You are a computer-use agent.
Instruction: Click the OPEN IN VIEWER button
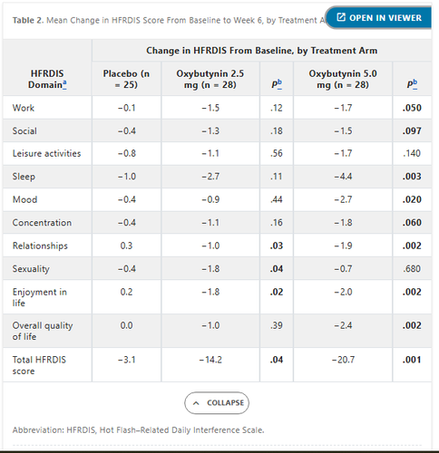tap(379, 18)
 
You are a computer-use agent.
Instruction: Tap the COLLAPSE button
tap(217, 403)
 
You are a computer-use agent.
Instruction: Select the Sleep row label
tap(24, 177)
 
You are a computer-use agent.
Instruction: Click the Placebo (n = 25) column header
tap(126, 79)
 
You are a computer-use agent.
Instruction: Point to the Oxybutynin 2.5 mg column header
tap(210, 79)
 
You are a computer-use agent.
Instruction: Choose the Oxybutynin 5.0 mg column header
tap(343, 79)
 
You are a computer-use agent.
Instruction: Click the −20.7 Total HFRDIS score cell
tap(343, 360)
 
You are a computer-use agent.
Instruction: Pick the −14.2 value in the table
tap(210, 360)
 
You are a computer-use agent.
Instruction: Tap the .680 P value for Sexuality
tap(412, 268)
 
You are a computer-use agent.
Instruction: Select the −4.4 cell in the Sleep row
tap(343, 177)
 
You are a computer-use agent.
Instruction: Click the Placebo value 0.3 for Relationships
tap(126, 246)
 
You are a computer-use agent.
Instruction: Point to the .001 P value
tap(412, 360)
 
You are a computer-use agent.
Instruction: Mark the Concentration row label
tap(42, 223)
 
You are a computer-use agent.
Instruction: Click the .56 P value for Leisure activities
tap(277, 153)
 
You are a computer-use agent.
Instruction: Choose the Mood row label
tap(24, 199)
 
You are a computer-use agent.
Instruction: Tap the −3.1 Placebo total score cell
tap(126, 360)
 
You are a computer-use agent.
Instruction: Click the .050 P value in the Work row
tap(412, 108)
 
